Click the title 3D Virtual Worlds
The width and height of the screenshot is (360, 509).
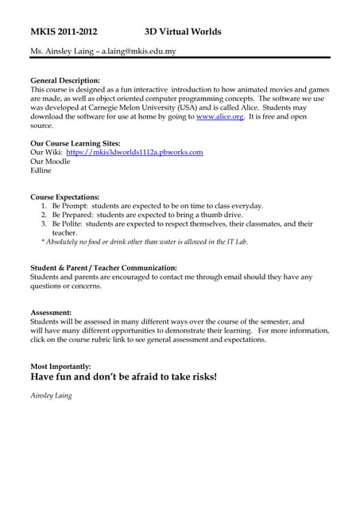click(183, 32)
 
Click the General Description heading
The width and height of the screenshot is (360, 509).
click(65, 80)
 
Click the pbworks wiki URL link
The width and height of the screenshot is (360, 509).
click(135, 152)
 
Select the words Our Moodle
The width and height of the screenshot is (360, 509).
click(50, 161)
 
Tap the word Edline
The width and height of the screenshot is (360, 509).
click(41, 170)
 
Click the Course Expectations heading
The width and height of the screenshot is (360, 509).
click(65, 196)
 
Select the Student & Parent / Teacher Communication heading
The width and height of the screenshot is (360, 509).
click(103, 268)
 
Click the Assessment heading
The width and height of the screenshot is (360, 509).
click(51, 313)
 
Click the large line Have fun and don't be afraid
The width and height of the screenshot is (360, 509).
click(123, 377)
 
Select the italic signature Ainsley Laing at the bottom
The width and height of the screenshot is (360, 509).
click(51, 395)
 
